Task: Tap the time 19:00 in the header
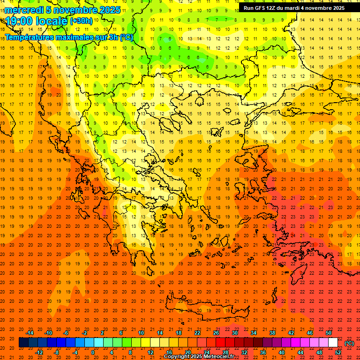(x=19, y=21)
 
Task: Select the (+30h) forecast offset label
(x=81, y=21)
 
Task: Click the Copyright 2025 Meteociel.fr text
(x=199, y=357)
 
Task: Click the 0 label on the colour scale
(x=93, y=352)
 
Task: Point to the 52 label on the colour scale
(x=338, y=352)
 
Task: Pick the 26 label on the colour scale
(x=216, y=333)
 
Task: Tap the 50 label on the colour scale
(x=329, y=333)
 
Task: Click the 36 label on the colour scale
(x=262, y=352)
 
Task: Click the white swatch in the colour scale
(x=333, y=343)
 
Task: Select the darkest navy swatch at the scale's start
(x=23, y=343)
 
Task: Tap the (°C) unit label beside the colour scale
(x=349, y=343)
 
